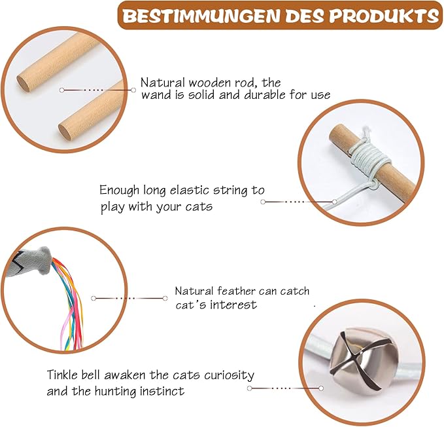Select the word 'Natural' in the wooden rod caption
pyautogui.click(x=163, y=83)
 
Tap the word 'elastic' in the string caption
pyautogui.click(x=190, y=190)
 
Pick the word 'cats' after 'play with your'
pyautogui.click(x=199, y=207)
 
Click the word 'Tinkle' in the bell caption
pyautogui.click(x=62, y=375)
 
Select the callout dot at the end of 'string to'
pyautogui.click(x=263, y=202)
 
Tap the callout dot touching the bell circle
pyautogui.click(x=321, y=388)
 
